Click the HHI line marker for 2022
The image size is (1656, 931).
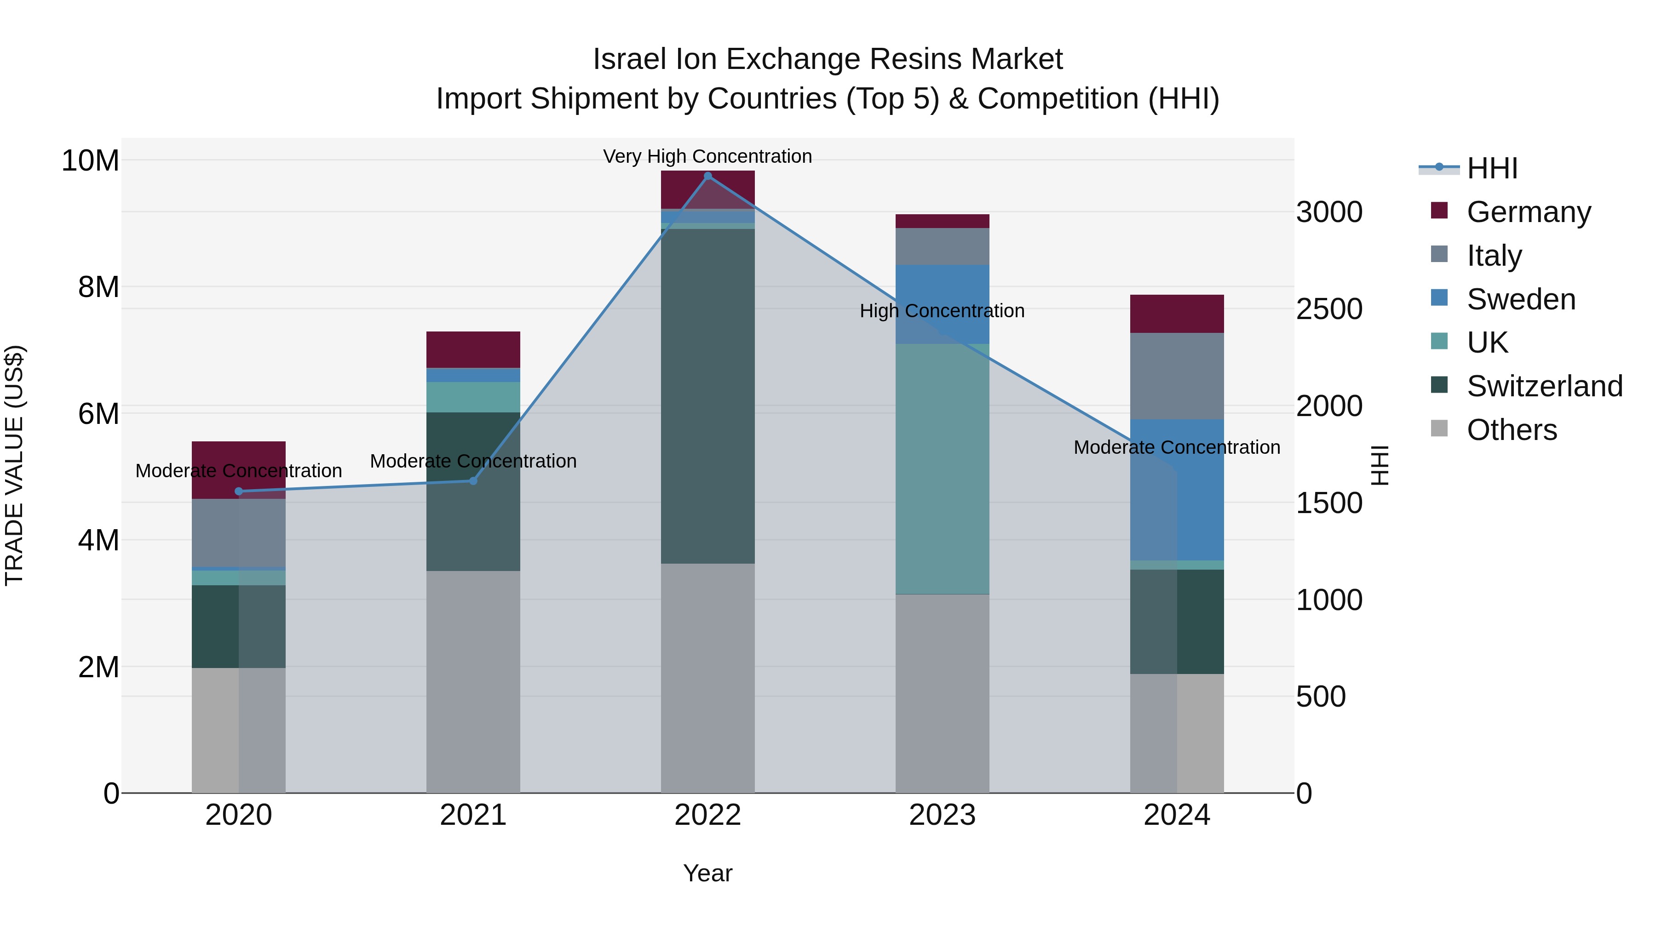click(x=708, y=176)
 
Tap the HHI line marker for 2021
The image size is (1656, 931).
click(x=473, y=480)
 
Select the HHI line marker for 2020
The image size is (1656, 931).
click(x=238, y=491)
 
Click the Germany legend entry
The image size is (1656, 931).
click(x=1528, y=211)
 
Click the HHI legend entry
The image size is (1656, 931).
click(x=1491, y=168)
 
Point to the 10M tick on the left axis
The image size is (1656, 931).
click(x=90, y=160)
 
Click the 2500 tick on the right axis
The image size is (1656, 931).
click(x=1329, y=309)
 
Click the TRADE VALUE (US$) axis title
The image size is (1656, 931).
click(x=14, y=465)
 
